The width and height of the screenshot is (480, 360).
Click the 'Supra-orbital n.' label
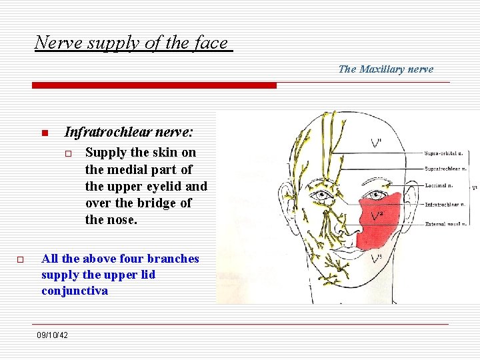coord(444,153)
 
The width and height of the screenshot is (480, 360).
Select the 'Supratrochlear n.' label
coord(446,169)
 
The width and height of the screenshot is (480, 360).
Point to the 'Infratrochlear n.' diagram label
coord(445,205)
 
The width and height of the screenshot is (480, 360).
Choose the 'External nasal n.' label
coord(444,224)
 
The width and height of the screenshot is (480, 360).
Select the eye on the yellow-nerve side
coord(324,197)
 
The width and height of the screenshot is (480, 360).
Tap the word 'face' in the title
coord(211,43)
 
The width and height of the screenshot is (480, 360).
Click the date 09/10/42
coord(53,335)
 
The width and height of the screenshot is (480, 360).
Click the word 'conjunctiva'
coord(75,291)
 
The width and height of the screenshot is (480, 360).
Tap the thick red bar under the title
coord(155,85)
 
